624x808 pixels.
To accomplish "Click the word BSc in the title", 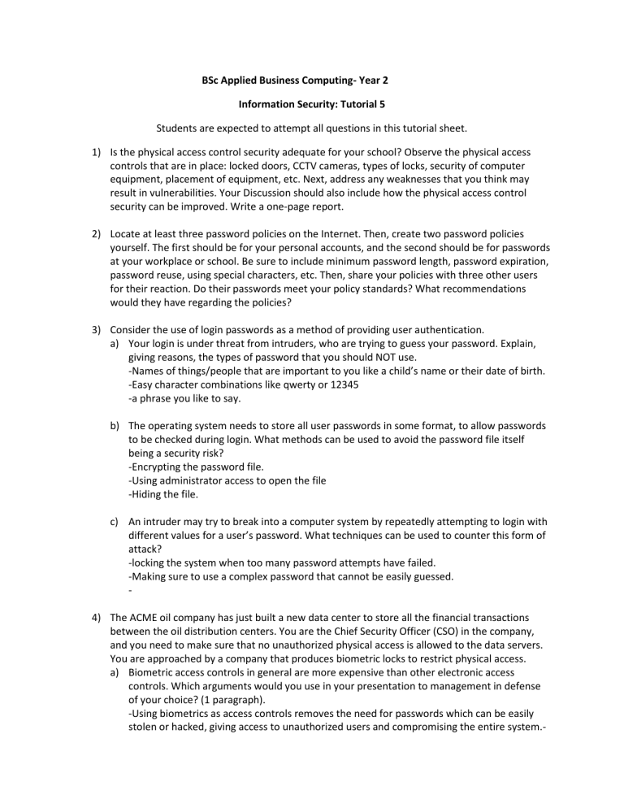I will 211,81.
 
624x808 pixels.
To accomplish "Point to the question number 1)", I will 97,152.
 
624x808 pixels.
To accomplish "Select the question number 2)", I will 97,233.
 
